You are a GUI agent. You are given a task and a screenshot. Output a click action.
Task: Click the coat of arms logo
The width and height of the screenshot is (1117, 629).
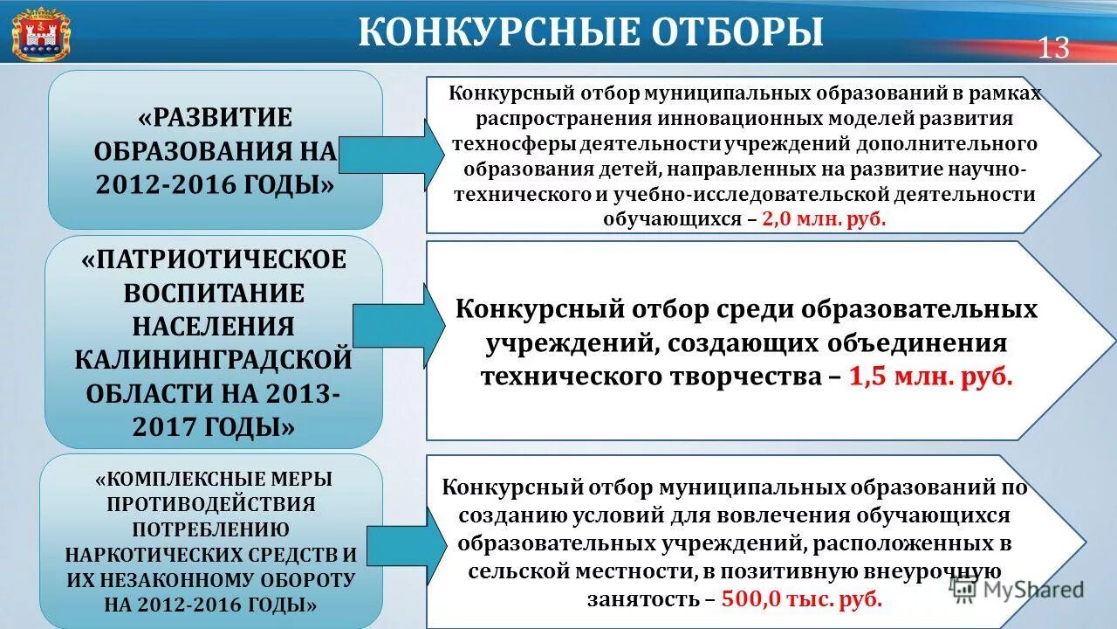pyautogui.click(x=40, y=34)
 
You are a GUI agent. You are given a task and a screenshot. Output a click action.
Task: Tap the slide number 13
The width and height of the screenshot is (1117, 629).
pyautogui.click(x=1053, y=48)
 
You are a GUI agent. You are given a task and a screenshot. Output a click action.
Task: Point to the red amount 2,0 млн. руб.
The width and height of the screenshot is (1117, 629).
pyautogui.click(x=824, y=219)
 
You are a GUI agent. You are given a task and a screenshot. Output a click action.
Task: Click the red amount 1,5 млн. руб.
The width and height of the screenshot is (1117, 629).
pyautogui.click(x=930, y=377)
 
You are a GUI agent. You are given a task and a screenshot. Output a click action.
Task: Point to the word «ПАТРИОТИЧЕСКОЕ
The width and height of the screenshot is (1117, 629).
pyautogui.click(x=215, y=260)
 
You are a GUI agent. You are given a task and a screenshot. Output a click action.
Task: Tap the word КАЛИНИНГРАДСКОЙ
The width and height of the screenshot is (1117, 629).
pyautogui.click(x=215, y=359)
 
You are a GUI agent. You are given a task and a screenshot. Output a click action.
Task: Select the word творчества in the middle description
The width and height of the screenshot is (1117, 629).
pyautogui.click(x=737, y=377)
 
